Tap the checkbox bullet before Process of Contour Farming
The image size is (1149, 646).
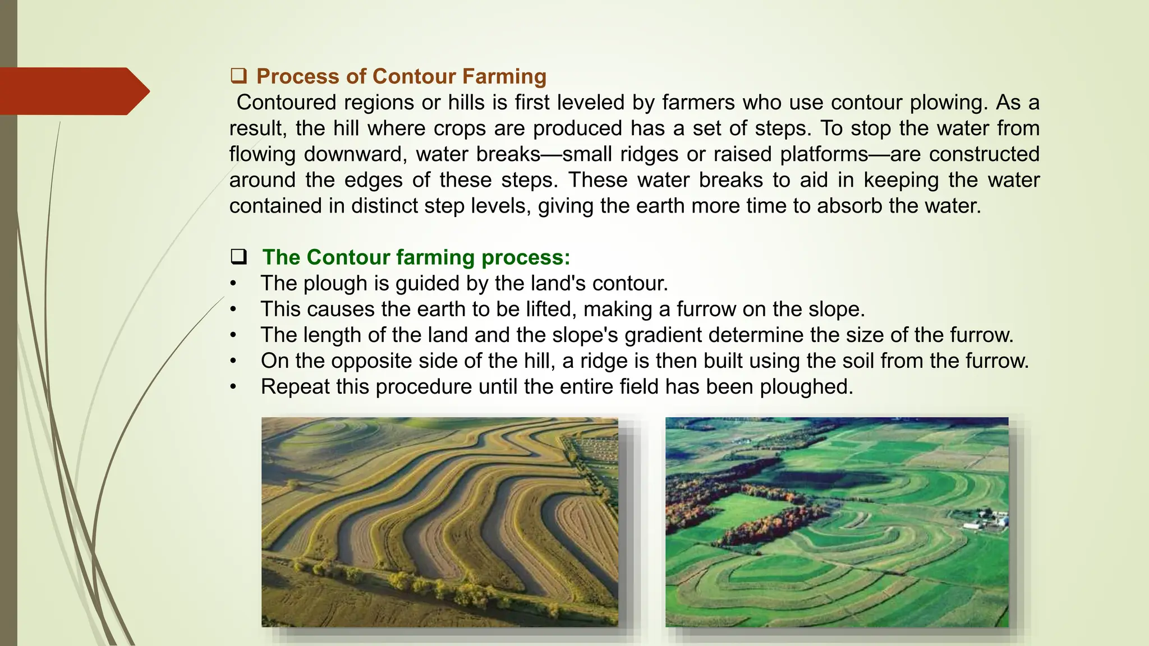coord(238,75)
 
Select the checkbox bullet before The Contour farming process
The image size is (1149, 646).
coord(238,257)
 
